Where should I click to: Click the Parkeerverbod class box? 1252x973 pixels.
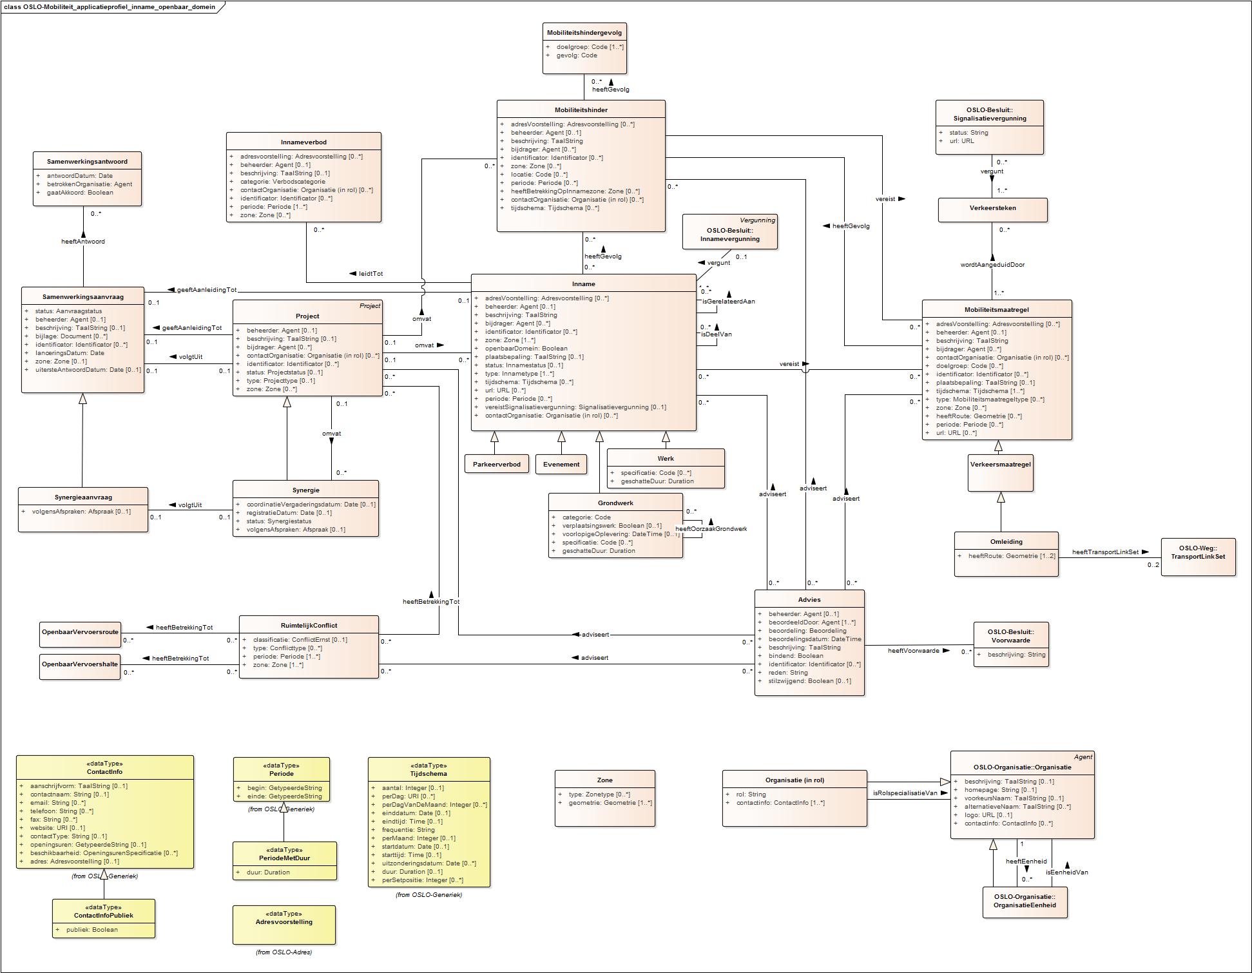[497, 464]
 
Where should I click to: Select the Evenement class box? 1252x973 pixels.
[561, 464]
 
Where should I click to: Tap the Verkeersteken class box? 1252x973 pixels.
[992, 208]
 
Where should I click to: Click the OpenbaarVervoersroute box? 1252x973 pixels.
[80, 632]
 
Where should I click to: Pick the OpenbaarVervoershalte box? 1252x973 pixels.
[80, 664]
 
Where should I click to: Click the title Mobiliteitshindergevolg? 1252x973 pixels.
[584, 32]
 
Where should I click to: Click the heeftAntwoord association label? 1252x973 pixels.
[83, 242]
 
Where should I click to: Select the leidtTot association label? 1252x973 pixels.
[371, 274]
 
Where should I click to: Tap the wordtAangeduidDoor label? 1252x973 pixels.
[992, 265]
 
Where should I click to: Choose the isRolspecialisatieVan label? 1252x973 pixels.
[905, 793]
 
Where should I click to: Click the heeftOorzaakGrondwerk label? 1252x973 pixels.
[711, 529]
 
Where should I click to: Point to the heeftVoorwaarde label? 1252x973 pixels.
[913, 651]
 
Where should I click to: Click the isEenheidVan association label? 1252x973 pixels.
[1066, 872]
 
